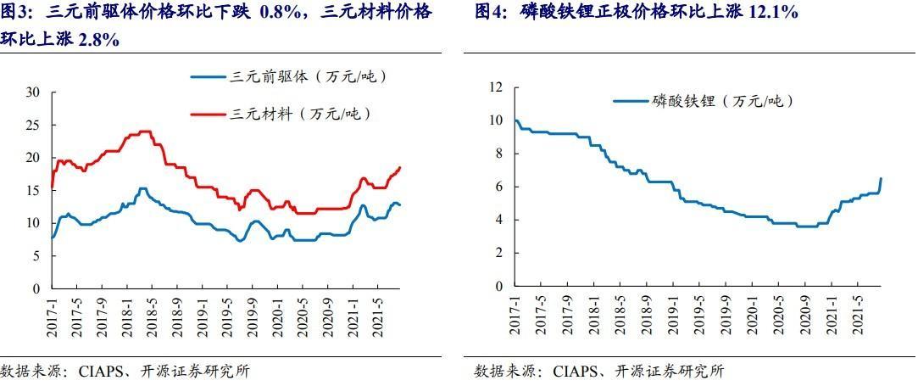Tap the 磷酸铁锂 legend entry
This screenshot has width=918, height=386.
tap(721, 101)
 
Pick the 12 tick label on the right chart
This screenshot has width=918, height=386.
tap(496, 87)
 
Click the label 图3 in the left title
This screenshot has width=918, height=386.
tap(18, 12)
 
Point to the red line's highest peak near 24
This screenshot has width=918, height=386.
tap(145, 131)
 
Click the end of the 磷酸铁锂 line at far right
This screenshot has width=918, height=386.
tap(880, 178)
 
